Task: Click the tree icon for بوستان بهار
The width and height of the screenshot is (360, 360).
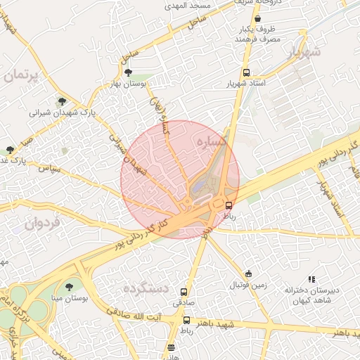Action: point(127,72)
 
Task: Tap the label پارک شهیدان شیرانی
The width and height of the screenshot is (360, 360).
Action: point(62,112)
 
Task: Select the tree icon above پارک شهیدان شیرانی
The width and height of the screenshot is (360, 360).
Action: point(62,101)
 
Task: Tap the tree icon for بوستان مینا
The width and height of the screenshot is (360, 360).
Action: point(69,287)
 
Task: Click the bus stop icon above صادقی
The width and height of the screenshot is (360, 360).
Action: point(184,292)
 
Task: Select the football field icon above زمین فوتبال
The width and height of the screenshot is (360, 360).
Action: point(248,274)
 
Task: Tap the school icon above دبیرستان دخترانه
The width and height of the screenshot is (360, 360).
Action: point(311,279)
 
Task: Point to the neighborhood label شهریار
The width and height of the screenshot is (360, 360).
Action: point(304,52)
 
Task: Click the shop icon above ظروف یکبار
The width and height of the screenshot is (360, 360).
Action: point(258,19)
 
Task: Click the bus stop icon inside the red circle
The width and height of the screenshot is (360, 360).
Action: point(229,205)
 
